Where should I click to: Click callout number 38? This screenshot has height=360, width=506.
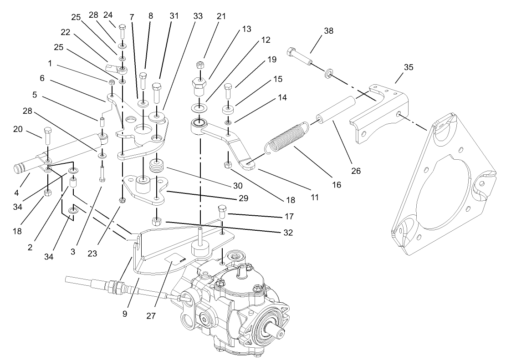[328, 31]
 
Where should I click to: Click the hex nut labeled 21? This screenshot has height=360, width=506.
[199, 66]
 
